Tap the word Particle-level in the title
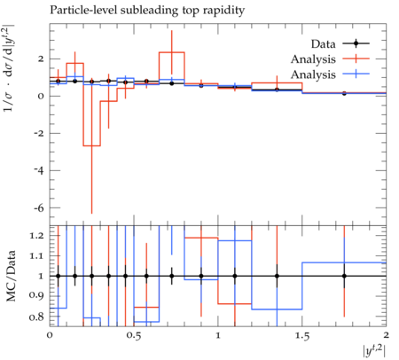pos(83,10)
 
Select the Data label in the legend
pos(324,44)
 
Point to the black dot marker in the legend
pos(356,43)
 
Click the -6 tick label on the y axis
pos(39,208)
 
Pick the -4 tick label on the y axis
pos(39,171)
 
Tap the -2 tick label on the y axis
pos(39,134)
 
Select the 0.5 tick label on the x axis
pos(134,336)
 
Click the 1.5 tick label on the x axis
pos(302,336)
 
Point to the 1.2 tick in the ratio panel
pos(36,236)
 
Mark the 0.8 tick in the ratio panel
pos(36,317)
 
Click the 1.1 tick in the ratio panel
pos(36,256)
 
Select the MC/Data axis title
pos(12,276)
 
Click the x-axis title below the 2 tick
pos(374,351)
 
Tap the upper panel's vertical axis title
pos(9,67)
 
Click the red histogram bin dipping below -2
pos(92,145)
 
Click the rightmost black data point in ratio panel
pos(344,276)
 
